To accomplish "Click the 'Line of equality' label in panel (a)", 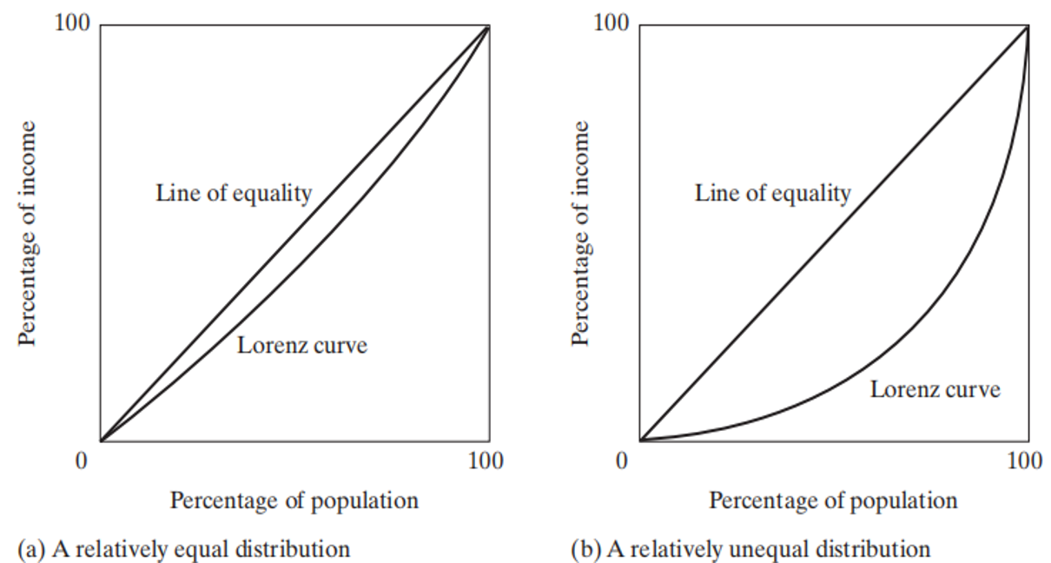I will [x=234, y=193].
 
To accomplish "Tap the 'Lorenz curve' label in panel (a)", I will [x=302, y=346].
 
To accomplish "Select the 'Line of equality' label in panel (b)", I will [x=772, y=193].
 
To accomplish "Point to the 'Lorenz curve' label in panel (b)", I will [x=935, y=389].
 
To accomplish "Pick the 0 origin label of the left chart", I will [x=82, y=461].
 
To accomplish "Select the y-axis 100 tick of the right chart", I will [x=611, y=23].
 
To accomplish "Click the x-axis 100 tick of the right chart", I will [x=1024, y=461].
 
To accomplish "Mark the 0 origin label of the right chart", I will [x=621, y=461].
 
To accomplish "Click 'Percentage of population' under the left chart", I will [x=294, y=501].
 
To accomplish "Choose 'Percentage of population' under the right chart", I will [x=833, y=501].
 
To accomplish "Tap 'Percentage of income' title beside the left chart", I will [x=29, y=233].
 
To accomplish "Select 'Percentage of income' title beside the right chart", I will [x=580, y=233].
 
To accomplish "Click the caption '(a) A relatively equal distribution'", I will [x=183, y=549].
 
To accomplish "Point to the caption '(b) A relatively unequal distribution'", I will [x=750, y=549].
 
